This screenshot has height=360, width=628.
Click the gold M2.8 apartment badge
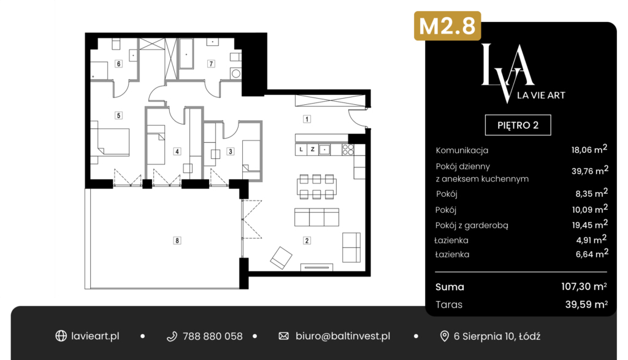(x=447, y=26)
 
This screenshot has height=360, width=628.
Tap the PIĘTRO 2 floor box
(x=518, y=125)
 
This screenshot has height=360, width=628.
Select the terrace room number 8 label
(x=177, y=240)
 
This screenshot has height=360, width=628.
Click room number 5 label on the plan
(x=118, y=115)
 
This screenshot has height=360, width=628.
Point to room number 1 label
(x=307, y=119)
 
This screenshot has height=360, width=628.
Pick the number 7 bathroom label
(x=211, y=64)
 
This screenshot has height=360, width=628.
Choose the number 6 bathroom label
(x=118, y=64)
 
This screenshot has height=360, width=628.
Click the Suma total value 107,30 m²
(x=584, y=287)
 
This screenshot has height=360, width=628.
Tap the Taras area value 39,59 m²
(x=586, y=304)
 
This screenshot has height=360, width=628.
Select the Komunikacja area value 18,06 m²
(x=589, y=150)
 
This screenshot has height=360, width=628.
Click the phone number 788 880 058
(x=212, y=336)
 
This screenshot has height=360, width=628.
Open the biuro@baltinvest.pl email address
(x=343, y=336)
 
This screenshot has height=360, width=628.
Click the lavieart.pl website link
(x=95, y=336)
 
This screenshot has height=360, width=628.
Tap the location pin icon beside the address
(x=444, y=336)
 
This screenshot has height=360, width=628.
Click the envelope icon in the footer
(x=283, y=336)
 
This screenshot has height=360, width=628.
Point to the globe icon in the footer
(x=61, y=336)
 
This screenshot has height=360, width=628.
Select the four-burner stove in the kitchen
(x=348, y=150)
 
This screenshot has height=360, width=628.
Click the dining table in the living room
(x=316, y=186)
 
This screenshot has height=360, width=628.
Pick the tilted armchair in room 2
(x=281, y=258)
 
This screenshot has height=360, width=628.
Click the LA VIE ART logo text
(x=541, y=95)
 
